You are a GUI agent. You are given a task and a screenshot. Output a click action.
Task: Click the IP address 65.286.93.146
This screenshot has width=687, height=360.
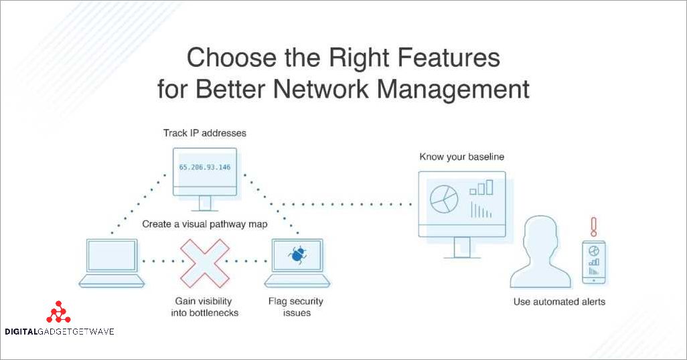[204, 167]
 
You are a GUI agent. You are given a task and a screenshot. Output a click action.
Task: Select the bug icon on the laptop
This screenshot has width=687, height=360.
[297, 254]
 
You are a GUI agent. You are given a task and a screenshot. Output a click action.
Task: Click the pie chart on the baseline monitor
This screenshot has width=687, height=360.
[443, 198]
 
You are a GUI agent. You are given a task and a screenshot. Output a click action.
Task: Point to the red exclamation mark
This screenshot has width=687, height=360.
[593, 226]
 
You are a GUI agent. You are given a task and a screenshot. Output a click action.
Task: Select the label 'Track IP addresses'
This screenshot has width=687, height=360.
[205, 133]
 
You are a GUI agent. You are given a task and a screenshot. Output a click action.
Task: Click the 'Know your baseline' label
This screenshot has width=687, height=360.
[462, 157]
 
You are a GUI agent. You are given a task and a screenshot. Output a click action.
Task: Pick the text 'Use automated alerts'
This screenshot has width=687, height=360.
[559, 302]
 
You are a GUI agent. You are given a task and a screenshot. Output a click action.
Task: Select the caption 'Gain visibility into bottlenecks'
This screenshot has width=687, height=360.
[207, 307]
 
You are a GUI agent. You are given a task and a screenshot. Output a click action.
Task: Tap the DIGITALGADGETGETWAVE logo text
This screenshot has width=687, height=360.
[59, 331]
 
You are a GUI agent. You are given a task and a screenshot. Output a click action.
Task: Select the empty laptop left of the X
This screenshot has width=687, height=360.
[111, 262]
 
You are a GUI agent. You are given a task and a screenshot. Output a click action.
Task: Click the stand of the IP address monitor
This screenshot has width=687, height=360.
[204, 203]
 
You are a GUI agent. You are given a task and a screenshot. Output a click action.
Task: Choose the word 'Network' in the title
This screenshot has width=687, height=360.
[314, 89]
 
